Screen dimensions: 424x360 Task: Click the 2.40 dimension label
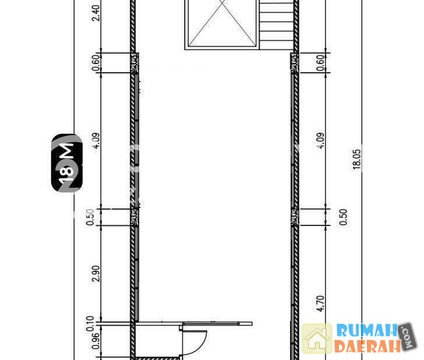click(x=96, y=13)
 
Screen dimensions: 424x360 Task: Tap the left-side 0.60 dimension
click(x=96, y=63)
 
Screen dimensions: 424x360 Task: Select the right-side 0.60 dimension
click(x=320, y=63)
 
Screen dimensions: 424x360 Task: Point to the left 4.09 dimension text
click(x=96, y=140)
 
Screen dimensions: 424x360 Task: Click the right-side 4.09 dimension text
click(x=320, y=140)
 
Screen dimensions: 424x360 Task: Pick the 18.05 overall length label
click(x=356, y=160)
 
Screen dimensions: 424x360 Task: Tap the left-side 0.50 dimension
click(x=90, y=217)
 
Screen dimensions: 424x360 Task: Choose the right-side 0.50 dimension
click(x=343, y=217)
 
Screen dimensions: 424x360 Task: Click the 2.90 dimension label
click(x=96, y=273)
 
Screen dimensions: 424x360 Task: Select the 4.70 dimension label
click(x=320, y=303)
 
